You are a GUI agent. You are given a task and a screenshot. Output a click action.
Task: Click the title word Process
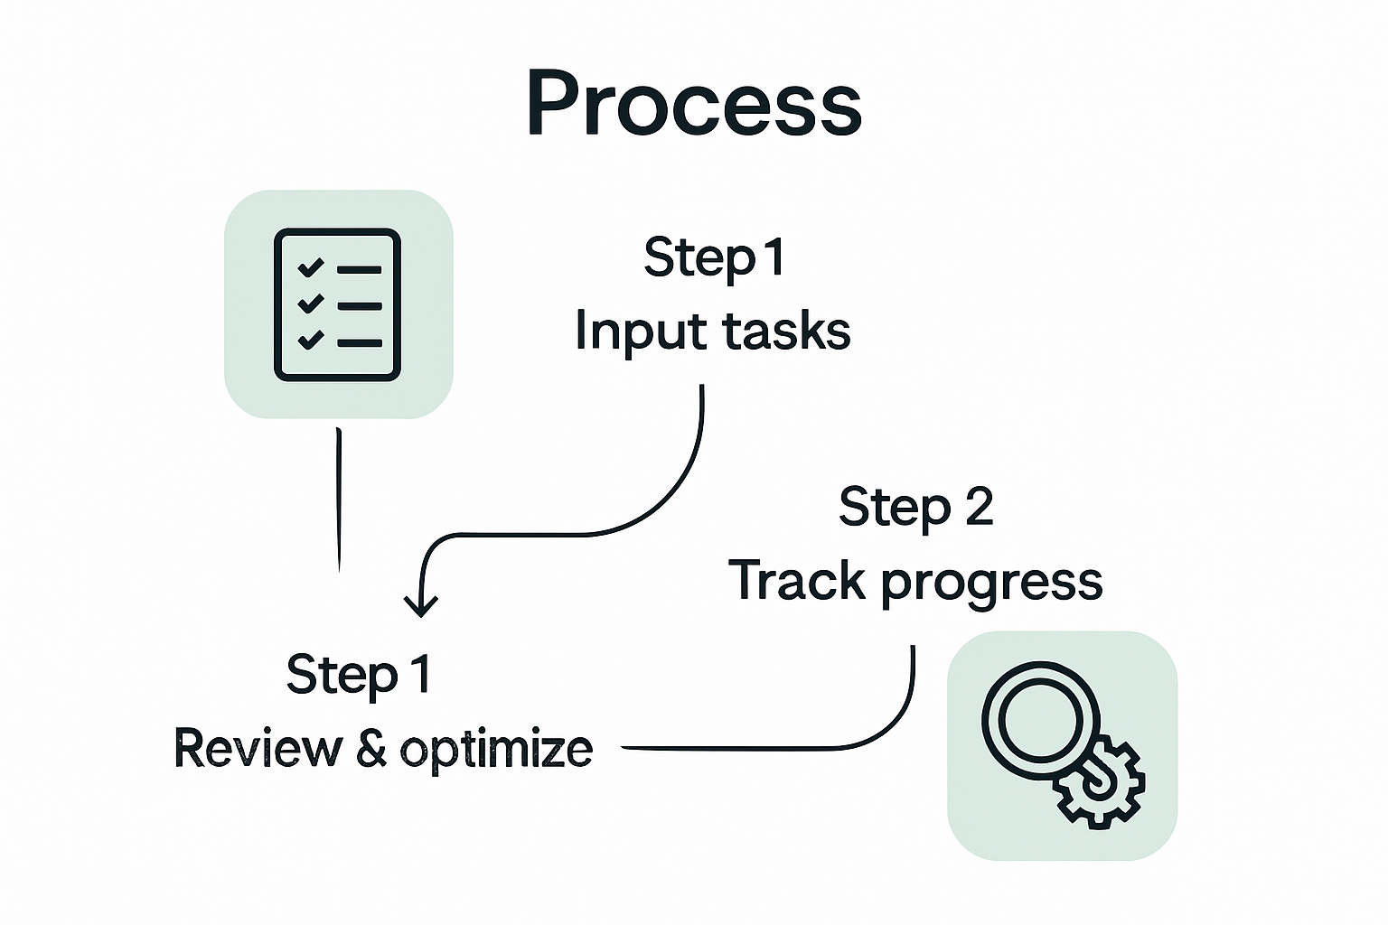point(694,103)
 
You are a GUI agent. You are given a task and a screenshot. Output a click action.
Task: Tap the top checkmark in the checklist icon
point(310,267)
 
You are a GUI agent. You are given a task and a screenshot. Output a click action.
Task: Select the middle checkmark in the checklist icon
point(310,304)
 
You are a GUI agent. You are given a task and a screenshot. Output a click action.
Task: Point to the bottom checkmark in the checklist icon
point(310,340)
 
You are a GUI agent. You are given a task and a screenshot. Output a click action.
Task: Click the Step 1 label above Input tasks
point(714,258)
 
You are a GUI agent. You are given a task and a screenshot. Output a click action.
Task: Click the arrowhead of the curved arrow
point(420,606)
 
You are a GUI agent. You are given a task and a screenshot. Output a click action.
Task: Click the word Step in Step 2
point(894,508)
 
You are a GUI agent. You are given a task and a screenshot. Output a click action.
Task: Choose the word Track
point(797,580)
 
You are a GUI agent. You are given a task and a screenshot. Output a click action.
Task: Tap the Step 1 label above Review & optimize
point(359,676)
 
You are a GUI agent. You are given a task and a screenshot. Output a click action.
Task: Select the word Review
point(258,749)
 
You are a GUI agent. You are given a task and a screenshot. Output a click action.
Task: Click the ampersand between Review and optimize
point(371,749)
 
